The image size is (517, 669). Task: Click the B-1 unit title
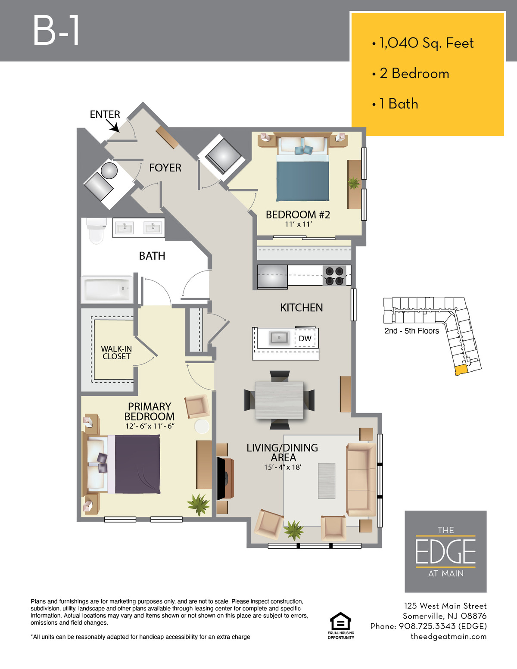[x=56, y=31]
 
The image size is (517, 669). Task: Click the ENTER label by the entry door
[x=105, y=114]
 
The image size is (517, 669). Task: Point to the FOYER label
[x=165, y=168]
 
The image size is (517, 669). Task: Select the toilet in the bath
[x=97, y=230]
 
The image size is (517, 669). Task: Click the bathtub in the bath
[x=107, y=289]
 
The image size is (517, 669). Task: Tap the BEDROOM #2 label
[x=298, y=215]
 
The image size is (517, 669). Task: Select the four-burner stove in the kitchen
[x=334, y=276]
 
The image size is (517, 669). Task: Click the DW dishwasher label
[x=305, y=338]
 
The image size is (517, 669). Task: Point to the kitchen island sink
[x=279, y=338]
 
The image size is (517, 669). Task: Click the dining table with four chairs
[x=279, y=400]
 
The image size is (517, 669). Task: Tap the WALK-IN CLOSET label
[x=116, y=352]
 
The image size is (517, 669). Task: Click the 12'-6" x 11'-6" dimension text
[x=150, y=426]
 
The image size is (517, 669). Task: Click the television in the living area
[x=221, y=478]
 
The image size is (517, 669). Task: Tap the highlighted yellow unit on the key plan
[x=461, y=370]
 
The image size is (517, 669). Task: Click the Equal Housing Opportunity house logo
[x=340, y=621]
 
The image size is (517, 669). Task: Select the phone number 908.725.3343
[x=427, y=626]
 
